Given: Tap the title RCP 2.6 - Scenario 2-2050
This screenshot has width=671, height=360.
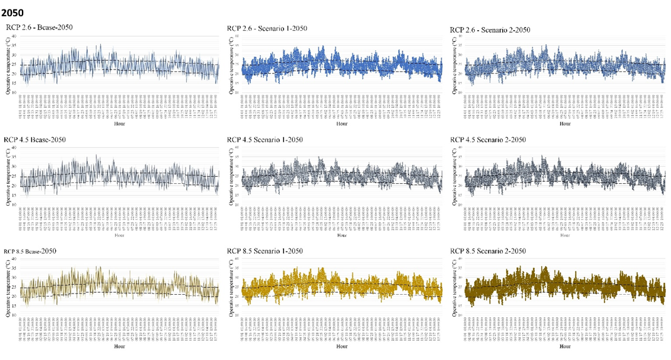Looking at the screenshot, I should pyautogui.click(x=490, y=30).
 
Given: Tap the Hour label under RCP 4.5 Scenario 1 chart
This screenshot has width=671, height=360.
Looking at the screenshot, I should pyautogui.click(x=342, y=236).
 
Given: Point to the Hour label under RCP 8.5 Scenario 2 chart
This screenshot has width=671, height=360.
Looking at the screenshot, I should pyautogui.click(x=564, y=346).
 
